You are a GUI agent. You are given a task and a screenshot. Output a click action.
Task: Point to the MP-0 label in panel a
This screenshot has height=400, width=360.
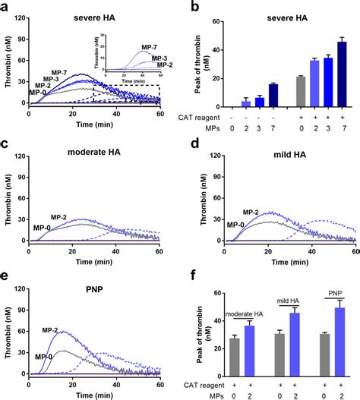click(39, 92)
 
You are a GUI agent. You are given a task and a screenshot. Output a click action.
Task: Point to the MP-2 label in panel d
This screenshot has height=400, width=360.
click(254, 212)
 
